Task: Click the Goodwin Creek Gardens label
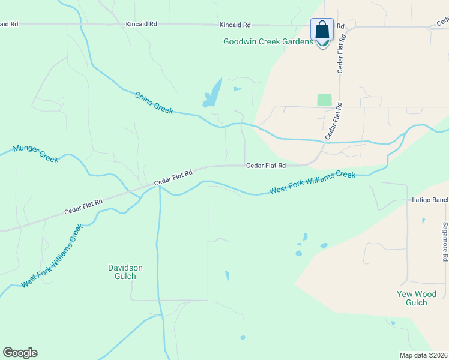coord(268,41)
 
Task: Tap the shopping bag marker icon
coord(322,30)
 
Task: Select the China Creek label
coord(154,103)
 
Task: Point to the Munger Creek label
coord(35,153)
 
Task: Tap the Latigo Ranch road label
coord(430,200)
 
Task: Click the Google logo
coord(20,352)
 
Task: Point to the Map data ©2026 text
coord(423,355)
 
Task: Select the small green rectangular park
coord(324,100)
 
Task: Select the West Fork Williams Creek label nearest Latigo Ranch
coord(312,182)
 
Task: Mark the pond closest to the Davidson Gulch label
coord(227,275)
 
